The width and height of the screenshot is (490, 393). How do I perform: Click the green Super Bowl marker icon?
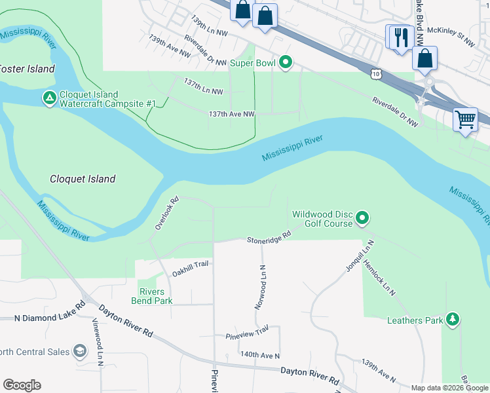(285, 63)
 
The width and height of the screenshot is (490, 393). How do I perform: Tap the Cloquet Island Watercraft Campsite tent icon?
(49, 98)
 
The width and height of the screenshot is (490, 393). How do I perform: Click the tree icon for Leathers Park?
(453, 320)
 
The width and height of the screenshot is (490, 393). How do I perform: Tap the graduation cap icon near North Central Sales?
(80, 352)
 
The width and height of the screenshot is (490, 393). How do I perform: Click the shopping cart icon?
(465, 120)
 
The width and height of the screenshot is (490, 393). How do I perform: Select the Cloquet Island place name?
(83, 179)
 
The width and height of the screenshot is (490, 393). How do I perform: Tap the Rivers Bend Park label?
(155, 296)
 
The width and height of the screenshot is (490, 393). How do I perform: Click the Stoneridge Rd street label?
(269, 238)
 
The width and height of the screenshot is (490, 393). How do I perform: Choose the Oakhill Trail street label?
(189, 264)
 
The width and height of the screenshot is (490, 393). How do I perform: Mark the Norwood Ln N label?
(261, 287)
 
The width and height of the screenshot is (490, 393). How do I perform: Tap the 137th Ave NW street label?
(231, 114)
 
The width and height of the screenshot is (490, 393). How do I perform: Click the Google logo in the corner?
(21, 384)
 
